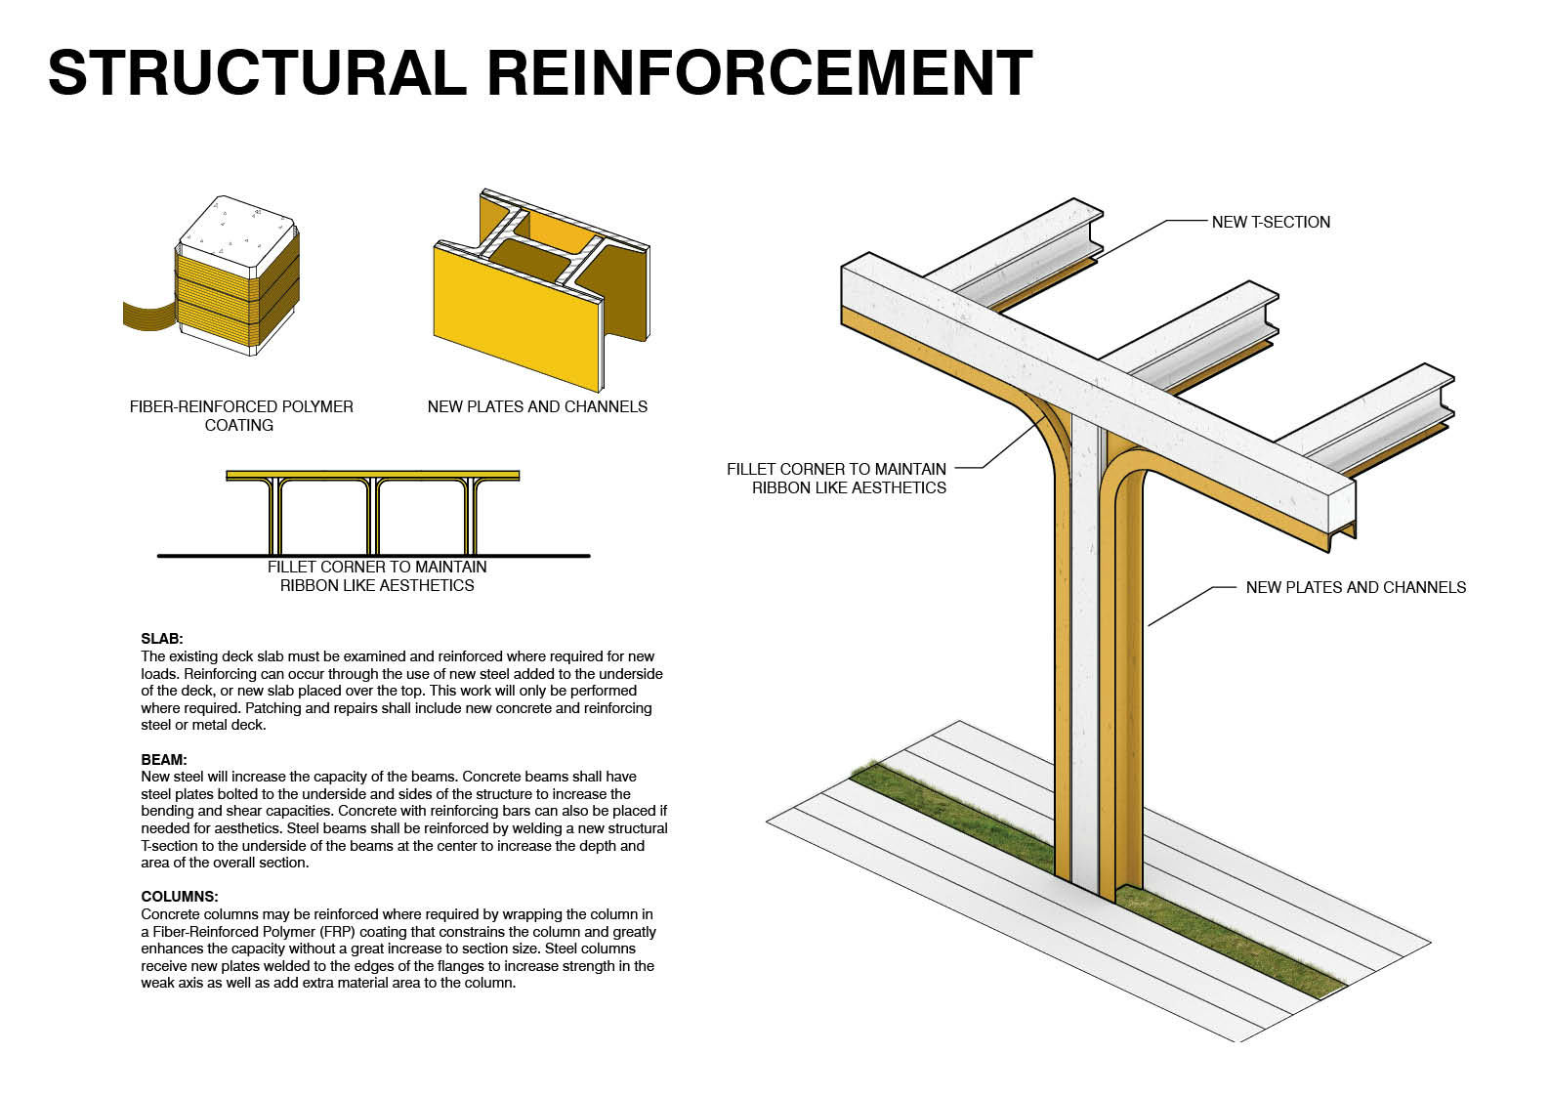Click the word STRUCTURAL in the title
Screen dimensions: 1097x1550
[x=257, y=72]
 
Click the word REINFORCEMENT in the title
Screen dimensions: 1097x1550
[x=759, y=72]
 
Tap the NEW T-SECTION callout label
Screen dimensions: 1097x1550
[x=1270, y=222]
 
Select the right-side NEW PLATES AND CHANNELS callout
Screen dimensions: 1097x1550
[x=1355, y=587]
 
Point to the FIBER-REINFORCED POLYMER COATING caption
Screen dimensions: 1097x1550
[x=240, y=415]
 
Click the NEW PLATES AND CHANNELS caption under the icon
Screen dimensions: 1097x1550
[x=537, y=406]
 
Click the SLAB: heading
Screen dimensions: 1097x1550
[x=162, y=639]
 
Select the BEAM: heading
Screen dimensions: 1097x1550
[x=164, y=759]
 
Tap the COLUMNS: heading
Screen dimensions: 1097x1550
[x=180, y=896]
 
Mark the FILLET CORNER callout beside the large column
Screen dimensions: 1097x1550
[x=836, y=478]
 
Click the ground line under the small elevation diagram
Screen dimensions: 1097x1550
[x=373, y=556]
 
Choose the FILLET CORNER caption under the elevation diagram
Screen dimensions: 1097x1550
[x=377, y=576]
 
